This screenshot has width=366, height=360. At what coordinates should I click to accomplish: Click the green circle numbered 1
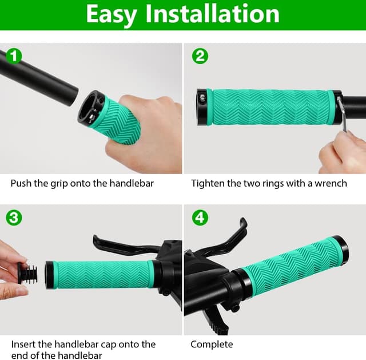(x=14, y=56)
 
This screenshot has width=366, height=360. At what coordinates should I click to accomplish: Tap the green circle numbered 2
(x=200, y=56)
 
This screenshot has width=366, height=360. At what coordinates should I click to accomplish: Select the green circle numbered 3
(x=14, y=218)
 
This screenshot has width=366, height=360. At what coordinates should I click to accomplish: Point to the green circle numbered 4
(x=200, y=218)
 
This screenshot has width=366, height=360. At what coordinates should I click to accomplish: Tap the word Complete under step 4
(x=212, y=344)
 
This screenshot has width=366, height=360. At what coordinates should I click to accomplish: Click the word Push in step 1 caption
(x=21, y=184)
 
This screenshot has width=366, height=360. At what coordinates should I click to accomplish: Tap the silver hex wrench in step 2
(x=341, y=114)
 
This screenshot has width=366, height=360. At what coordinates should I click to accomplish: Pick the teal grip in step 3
(x=103, y=274)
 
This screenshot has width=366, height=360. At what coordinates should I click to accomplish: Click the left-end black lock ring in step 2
(x=204, y=106)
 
